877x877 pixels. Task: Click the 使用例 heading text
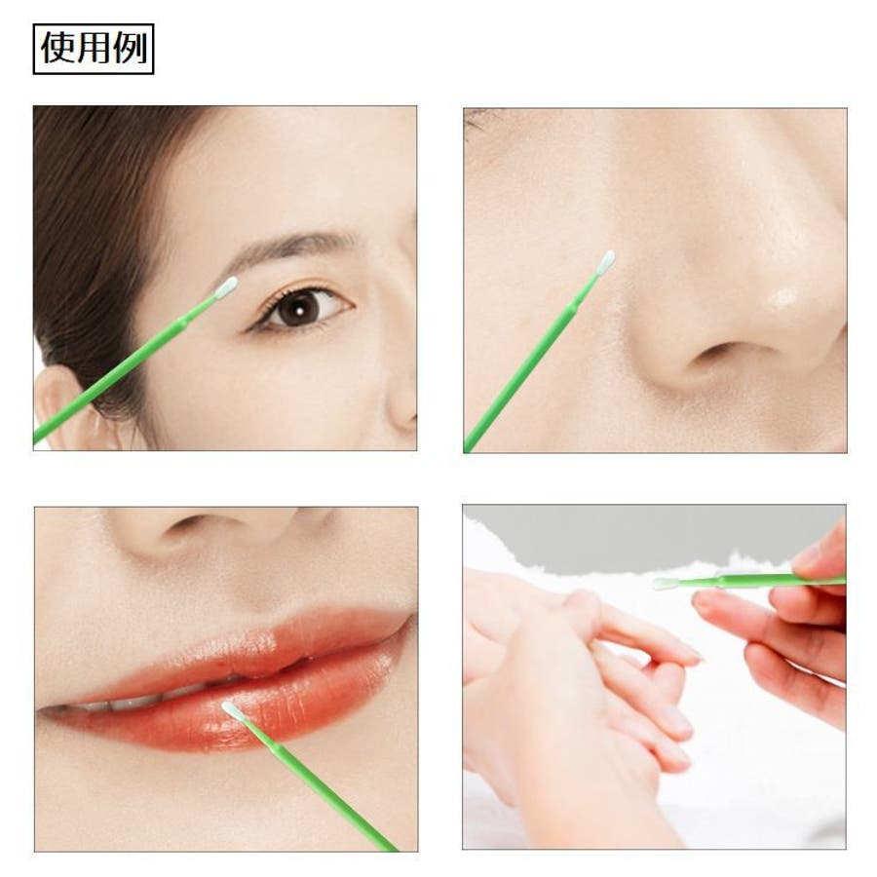(94, 48)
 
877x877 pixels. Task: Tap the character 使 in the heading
(57, 48)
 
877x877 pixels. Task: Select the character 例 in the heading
(130, 48)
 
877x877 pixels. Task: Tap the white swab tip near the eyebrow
(226, 286)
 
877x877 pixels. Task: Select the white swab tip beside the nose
(606, 262)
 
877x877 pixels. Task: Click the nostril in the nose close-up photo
(721, 354)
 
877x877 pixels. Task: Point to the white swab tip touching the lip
(233, 711)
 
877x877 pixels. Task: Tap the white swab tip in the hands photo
(666, 583)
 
